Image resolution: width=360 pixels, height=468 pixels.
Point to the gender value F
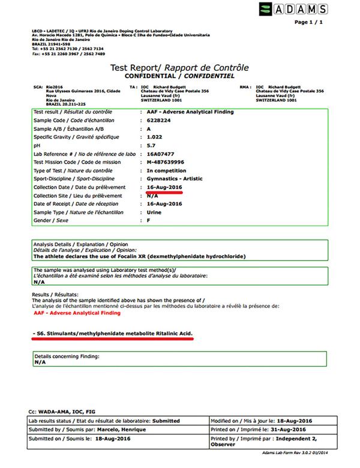(x=148, y=221)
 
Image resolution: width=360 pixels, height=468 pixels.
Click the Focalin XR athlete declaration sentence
(x=139, y=256)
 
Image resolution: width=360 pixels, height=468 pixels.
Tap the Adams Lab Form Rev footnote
(x=298, y=451)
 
